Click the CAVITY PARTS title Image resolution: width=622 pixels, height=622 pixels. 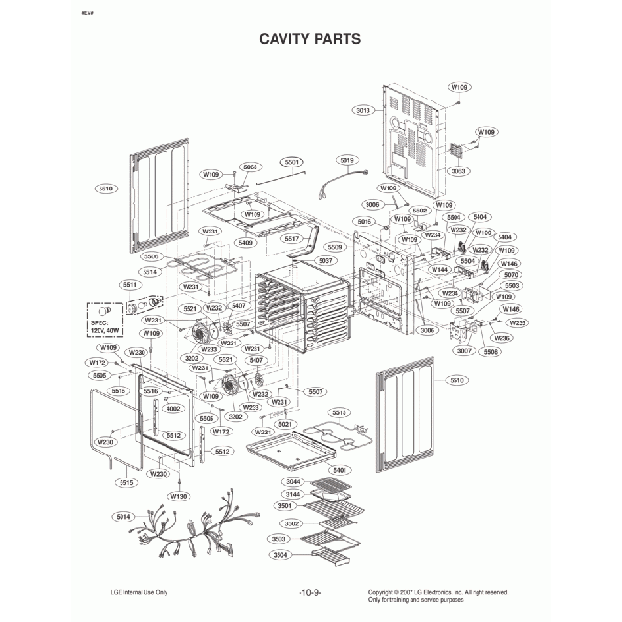(310, 39)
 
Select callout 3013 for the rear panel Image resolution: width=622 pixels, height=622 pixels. (362, 110)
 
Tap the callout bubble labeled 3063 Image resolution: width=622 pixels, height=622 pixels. (457, 170)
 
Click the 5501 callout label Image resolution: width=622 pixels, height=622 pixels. (292, 162)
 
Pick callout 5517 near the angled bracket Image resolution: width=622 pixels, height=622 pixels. (292, 238)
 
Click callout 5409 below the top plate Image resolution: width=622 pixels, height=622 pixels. (246, 243)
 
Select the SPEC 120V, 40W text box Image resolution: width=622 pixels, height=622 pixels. (107, 317)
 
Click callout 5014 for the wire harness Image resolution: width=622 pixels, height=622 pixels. (122, 517)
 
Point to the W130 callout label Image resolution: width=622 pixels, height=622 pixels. (178, 496)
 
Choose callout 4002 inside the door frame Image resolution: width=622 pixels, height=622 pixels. (173, 409)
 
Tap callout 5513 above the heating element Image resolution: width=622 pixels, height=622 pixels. (337, 412)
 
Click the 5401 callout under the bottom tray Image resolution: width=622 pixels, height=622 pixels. (337, 470)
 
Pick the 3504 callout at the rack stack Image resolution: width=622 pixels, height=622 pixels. (280, 556)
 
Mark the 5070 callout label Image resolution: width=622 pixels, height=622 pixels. (512, 275)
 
